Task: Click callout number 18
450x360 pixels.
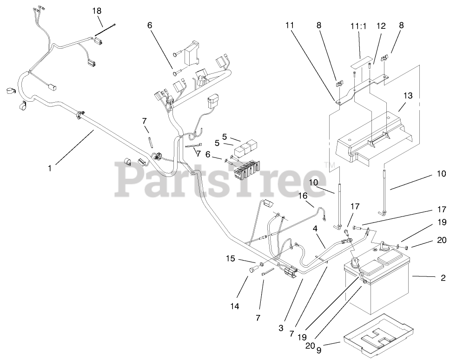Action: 96,11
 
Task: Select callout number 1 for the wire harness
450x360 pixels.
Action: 50,168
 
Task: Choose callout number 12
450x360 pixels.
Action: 381,26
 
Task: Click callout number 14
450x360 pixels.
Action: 234,306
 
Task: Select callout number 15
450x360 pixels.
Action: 231,258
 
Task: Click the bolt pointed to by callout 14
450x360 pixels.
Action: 253,269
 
